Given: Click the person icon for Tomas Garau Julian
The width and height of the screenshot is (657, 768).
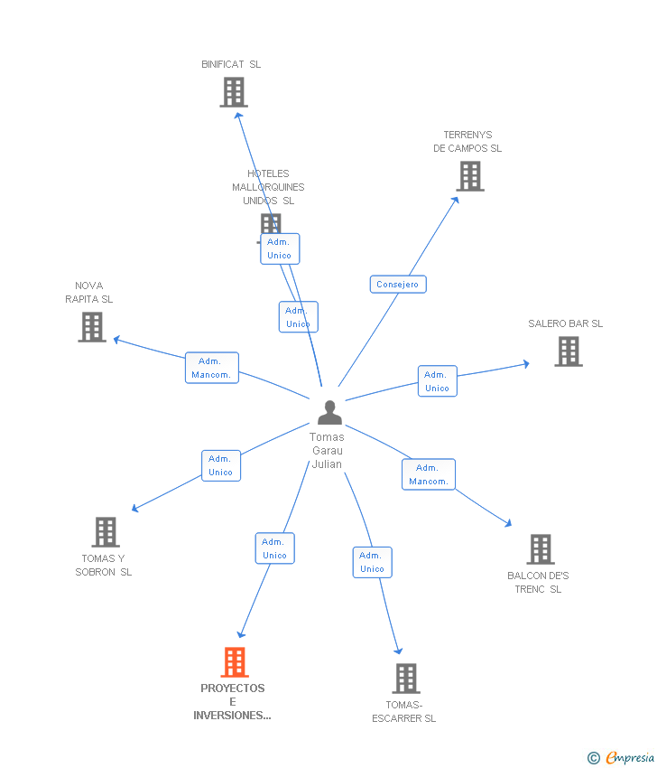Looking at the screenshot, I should [x=330, y=413].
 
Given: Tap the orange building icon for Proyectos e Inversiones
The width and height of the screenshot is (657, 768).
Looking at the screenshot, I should [x=234, y=662].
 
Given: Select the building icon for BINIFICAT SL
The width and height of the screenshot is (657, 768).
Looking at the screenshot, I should [x=233, y=92].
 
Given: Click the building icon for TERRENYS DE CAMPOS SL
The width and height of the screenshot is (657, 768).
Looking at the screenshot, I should [x=470, y=176].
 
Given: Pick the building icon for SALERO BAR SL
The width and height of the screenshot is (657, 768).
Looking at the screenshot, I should [x=568, y=351].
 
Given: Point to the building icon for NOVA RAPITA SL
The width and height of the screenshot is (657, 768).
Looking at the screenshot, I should [x=92, y=327].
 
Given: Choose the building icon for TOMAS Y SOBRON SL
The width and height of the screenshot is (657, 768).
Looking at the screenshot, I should [x=106, y=532].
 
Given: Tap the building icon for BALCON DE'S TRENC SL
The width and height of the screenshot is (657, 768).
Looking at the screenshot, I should [x=540, y=549].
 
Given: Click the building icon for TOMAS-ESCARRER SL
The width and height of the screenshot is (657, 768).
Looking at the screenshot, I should [x=406, y=679].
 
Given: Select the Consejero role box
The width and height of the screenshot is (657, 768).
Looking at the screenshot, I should [x=398, y=284].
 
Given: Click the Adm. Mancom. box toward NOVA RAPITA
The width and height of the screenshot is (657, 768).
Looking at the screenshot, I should [x=212, y=368].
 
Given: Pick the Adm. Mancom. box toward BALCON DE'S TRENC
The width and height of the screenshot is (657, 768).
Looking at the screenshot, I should [x=429, y=474].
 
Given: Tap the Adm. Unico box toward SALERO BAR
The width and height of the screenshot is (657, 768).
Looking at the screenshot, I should [x=437, y=381].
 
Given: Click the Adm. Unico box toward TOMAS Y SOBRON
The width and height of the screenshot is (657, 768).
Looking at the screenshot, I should [x=221, y=465].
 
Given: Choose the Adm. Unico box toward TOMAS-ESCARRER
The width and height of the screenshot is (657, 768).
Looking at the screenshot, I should [x=372, y=562].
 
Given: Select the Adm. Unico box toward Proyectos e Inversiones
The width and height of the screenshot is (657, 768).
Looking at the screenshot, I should [x=274, y=548].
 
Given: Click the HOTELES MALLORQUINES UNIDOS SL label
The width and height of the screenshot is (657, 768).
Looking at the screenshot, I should [x=268, y=187].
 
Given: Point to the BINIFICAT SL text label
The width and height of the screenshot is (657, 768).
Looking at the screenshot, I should [x=231, y=64].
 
